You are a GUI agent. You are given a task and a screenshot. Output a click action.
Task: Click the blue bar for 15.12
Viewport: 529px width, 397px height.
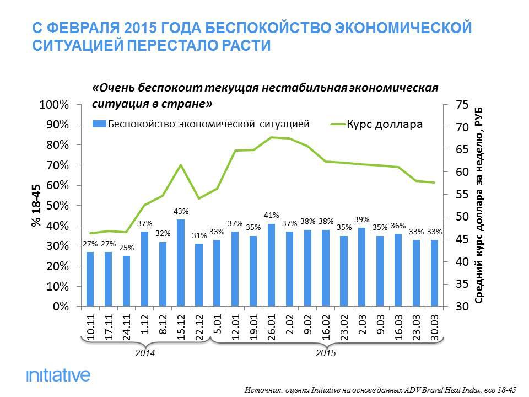pyautogui.click(x=181, y=263)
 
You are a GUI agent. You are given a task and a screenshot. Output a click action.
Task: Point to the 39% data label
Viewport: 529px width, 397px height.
pyautogui.click(x=363, y=219)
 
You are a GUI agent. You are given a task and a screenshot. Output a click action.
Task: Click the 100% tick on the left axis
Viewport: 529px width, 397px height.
pyautogui.click(x=53, y=105)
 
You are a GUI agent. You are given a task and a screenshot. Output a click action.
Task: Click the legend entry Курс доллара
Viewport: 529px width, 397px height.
pyautogui.click(x=384, y=124)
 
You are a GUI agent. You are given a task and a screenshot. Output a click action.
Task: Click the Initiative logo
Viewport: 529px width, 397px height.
pyautogui.click(x=58, y=375)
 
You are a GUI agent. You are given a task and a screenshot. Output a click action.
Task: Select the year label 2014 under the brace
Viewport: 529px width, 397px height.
pyautogui.click(x=145, y=352)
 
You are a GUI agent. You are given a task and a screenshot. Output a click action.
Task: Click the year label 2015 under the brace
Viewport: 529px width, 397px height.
pyautogui.click(x=326, y=352)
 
